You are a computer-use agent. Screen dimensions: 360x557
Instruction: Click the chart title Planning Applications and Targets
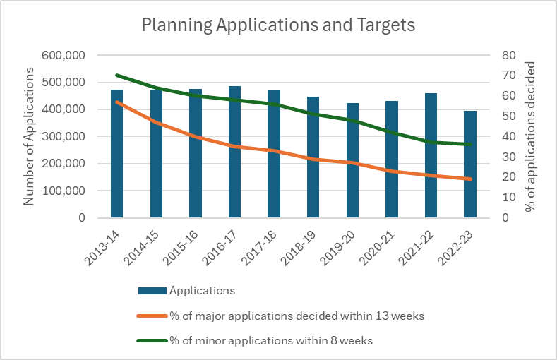278,25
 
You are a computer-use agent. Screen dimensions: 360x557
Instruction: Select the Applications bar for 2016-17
234,152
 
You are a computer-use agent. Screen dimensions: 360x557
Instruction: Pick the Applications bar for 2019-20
352,160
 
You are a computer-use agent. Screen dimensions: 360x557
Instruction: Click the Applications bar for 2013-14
117,154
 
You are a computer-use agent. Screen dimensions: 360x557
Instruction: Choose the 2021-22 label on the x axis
421,244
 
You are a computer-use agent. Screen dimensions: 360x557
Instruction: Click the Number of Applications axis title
29,136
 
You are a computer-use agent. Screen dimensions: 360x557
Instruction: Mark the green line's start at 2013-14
117,75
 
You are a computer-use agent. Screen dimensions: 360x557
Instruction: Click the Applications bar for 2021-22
431,155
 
